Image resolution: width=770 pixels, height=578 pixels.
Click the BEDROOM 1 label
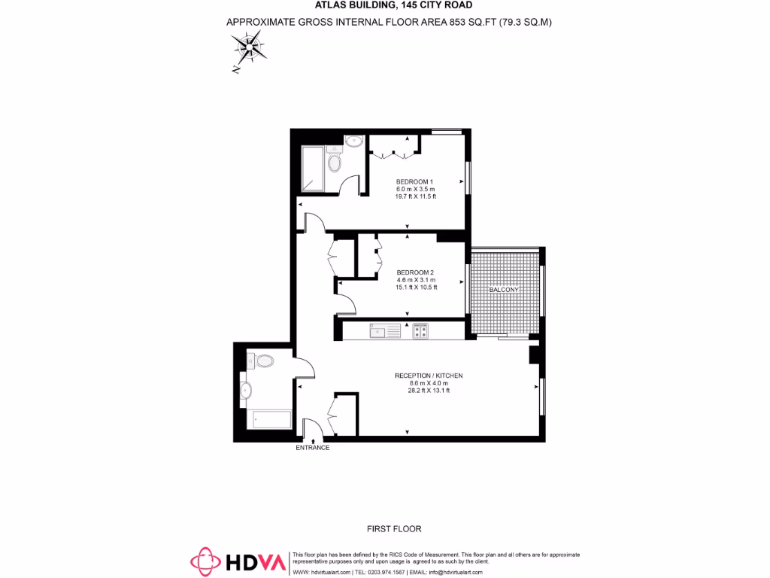415,181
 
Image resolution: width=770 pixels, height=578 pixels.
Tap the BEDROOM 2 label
415,272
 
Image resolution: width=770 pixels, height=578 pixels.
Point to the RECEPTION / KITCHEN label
429,376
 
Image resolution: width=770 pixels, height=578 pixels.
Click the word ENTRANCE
312,448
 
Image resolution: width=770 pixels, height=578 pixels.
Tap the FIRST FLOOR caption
393,529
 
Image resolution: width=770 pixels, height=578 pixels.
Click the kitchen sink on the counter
387,330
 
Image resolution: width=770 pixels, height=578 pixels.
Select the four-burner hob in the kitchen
420,330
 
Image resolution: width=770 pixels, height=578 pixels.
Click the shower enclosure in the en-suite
313,168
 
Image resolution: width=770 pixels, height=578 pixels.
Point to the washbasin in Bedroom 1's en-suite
354,140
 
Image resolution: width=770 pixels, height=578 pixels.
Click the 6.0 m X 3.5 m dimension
416,189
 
